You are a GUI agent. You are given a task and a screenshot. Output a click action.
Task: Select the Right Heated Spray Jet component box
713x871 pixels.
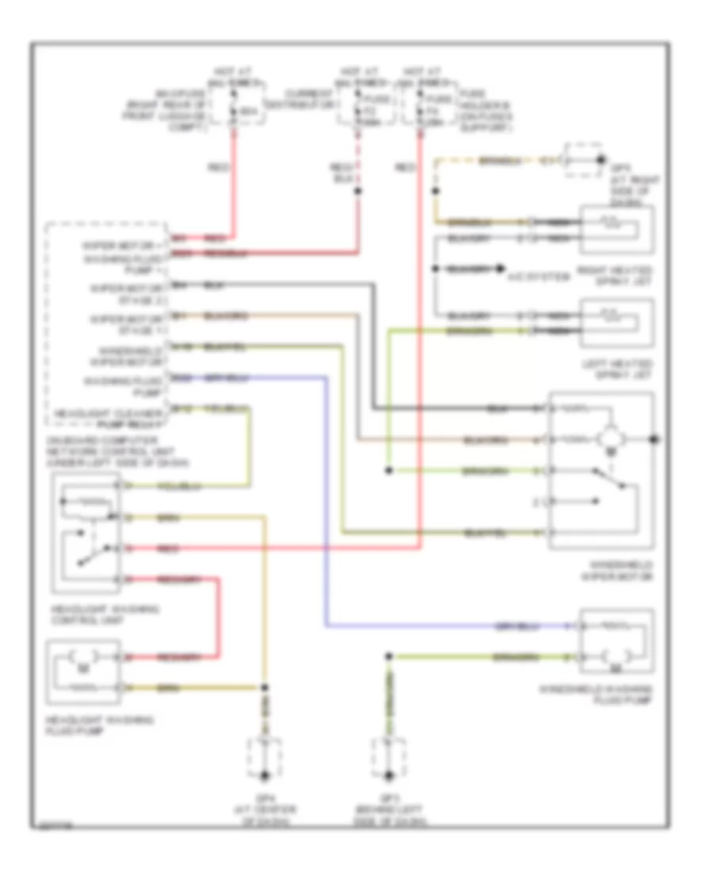click(617, 228)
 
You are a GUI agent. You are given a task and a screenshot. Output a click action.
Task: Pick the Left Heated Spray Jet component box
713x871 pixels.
click(617, 322)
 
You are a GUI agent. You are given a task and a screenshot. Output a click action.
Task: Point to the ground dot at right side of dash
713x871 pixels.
click(600, 160)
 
